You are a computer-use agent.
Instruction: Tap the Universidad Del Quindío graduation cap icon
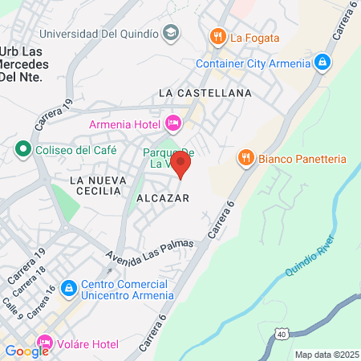(x=170, y=33)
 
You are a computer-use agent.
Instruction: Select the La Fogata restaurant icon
(x=217, y=36)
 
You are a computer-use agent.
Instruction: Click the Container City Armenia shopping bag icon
(x=321, y=62)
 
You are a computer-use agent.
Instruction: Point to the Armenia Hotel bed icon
(x=172, y=123)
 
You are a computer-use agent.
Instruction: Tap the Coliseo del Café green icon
(x=22, y=149)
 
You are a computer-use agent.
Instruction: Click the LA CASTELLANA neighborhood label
(x=205, y=93)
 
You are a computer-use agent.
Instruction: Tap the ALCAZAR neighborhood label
(x=163, y=197)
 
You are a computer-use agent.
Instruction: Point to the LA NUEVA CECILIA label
(x=95, y=185)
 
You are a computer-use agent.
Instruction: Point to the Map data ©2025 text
(x=326, y=355)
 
